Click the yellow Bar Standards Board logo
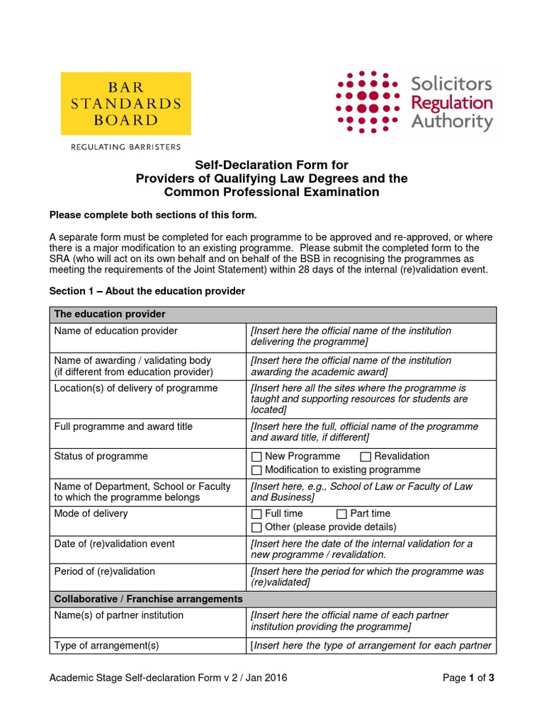coord(125,103)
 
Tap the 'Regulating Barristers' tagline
coord(125,147)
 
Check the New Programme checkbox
coord(256,457)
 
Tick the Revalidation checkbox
coord(365,457)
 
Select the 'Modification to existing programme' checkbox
coord(256,470)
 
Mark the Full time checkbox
coord(256,514)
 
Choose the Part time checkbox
coord(341,514)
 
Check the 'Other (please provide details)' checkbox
coord(256,527)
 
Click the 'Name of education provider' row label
coord(116,331)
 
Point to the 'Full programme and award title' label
coord(123,427)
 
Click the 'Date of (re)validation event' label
coord(114,544)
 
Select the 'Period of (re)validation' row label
coord(104,571)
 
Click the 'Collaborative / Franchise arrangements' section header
coord(148,599)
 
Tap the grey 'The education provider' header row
coord(110,314)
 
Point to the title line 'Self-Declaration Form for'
coord(271,166)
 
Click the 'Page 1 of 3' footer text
coord(467,678)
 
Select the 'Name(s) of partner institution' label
coord(118,615)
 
